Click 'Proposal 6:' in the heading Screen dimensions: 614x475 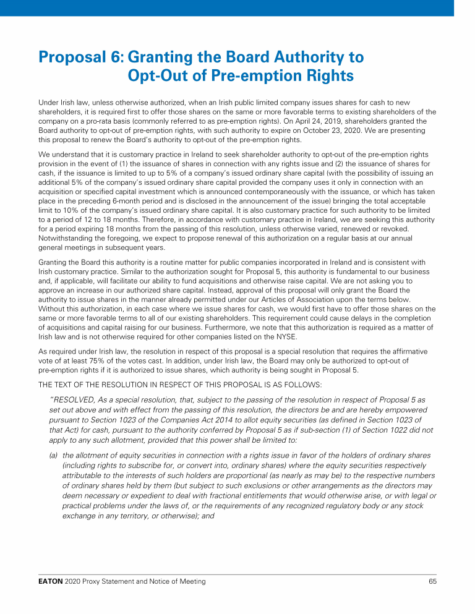pos(80,58)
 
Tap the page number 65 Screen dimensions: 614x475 pos(432,581)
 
